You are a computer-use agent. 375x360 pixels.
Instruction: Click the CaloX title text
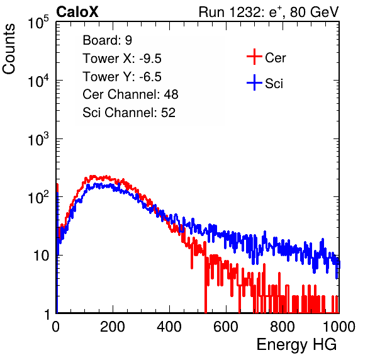coord(77,12)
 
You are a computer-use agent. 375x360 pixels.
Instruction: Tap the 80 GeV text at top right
coord(314,12)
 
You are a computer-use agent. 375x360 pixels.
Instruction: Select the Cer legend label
coord(275,58)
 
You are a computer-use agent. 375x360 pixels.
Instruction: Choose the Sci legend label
coord(274,84)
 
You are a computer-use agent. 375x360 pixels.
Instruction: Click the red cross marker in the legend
coord(254,57)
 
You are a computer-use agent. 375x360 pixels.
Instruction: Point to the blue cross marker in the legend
coord(254,82)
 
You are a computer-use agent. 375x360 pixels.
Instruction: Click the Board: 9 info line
coord(108,40)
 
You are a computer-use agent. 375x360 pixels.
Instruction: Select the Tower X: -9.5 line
coord(122,59)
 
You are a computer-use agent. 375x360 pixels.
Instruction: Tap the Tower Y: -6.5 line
coord(122,77)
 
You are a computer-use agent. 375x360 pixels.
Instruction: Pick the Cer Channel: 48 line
coord(130,94)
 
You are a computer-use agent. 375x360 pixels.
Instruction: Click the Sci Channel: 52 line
coord(129,113)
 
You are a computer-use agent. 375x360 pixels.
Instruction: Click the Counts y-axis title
coord(9,48)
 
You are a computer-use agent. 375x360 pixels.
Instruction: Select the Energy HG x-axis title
coord(296,345)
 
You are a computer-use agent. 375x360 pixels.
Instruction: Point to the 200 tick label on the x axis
coord(113,327)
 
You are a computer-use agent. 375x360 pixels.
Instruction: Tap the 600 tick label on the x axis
coord(226,327)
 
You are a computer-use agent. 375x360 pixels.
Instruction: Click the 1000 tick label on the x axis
coord(339,327)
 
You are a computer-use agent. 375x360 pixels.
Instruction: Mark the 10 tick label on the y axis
coord(42,256)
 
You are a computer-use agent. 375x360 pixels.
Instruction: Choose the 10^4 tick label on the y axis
coord(38,81)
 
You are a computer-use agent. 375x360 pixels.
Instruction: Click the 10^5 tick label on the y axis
coord(38,22)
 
